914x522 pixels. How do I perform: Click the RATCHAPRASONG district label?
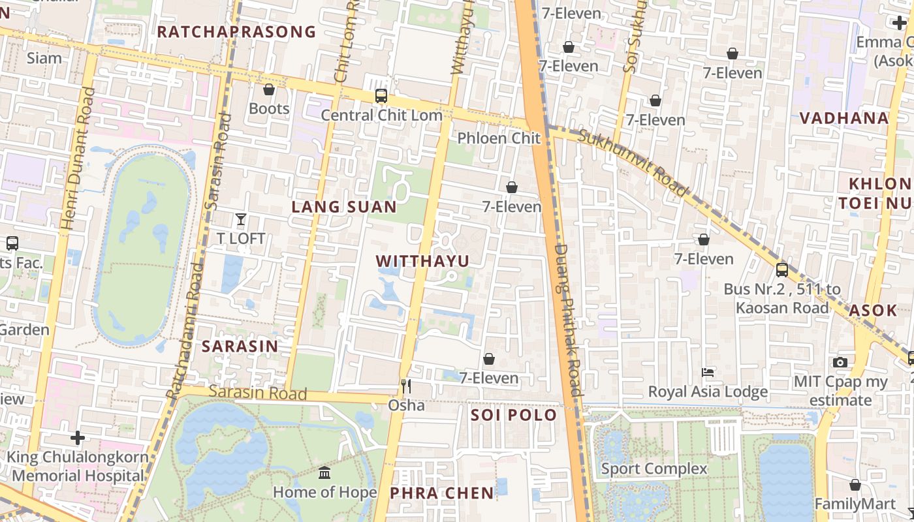[236, 31]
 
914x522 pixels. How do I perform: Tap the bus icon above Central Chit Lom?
[381, 97]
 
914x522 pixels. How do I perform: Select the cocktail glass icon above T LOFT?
[241, 219]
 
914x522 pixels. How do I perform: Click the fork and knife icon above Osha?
[406, 386]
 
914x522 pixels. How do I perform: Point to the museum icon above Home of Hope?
[324, 472]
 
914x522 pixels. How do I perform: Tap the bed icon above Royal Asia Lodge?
[708, 373]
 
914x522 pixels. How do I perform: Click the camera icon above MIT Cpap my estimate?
[840, 362]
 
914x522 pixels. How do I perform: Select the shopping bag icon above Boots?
[269, 89]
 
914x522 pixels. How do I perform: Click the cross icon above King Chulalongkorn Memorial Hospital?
[78, 437]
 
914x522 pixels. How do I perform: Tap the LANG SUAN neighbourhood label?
[344, 207]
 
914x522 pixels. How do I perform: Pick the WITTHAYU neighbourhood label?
[422, 261]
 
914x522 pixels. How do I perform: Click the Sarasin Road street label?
[258, 393]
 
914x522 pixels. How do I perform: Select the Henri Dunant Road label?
[78, 159]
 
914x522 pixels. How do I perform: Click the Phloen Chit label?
[499, 138]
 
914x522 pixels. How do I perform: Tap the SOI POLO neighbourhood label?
[514, 415]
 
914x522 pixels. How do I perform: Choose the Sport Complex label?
[654, 468]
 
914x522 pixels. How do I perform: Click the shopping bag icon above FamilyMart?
[855, 485]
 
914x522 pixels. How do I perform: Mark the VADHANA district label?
[844, 118]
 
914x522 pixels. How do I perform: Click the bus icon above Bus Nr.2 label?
[782, 269]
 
